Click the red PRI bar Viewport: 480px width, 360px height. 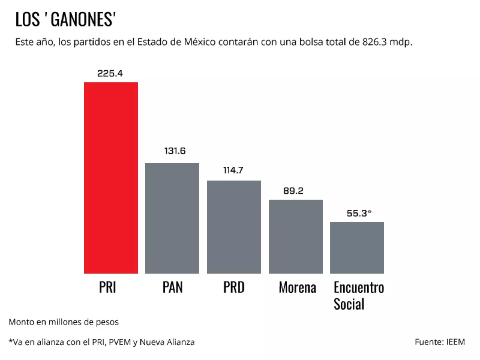pyautogui.click(x=111, y=178)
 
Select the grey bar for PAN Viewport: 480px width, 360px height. pyautogui.click(x=172, y=218)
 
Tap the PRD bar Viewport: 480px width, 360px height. pyautogui.click(x=234, y=227)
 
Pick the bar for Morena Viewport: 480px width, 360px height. pyautogui.click(x=296, y=236)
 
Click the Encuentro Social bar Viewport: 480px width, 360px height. pyautogui.click(x=357, y=248)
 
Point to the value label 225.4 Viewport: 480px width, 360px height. pyautogui.click(x=110, y=74)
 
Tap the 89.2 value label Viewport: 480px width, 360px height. pyautogui.click(x=293, y=191)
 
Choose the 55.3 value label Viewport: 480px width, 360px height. pyautogui.click(x=357, y=213)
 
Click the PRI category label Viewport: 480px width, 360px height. pyautogui.click(x=107, y=287)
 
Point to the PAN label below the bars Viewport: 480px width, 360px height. pyautogui.click(x=173, y=287)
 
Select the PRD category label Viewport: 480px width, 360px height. pyautogui.click(x=234, y=287)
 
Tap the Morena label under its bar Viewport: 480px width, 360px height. pyautogui.click(x=297, y=287)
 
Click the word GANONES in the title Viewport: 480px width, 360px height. pyautogui.click(x=83, y=20)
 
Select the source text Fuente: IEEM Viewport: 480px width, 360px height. pyautogui.click(x=440, y=342)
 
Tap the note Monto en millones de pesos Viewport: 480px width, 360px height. pyautogui.click(x=64, y=322)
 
